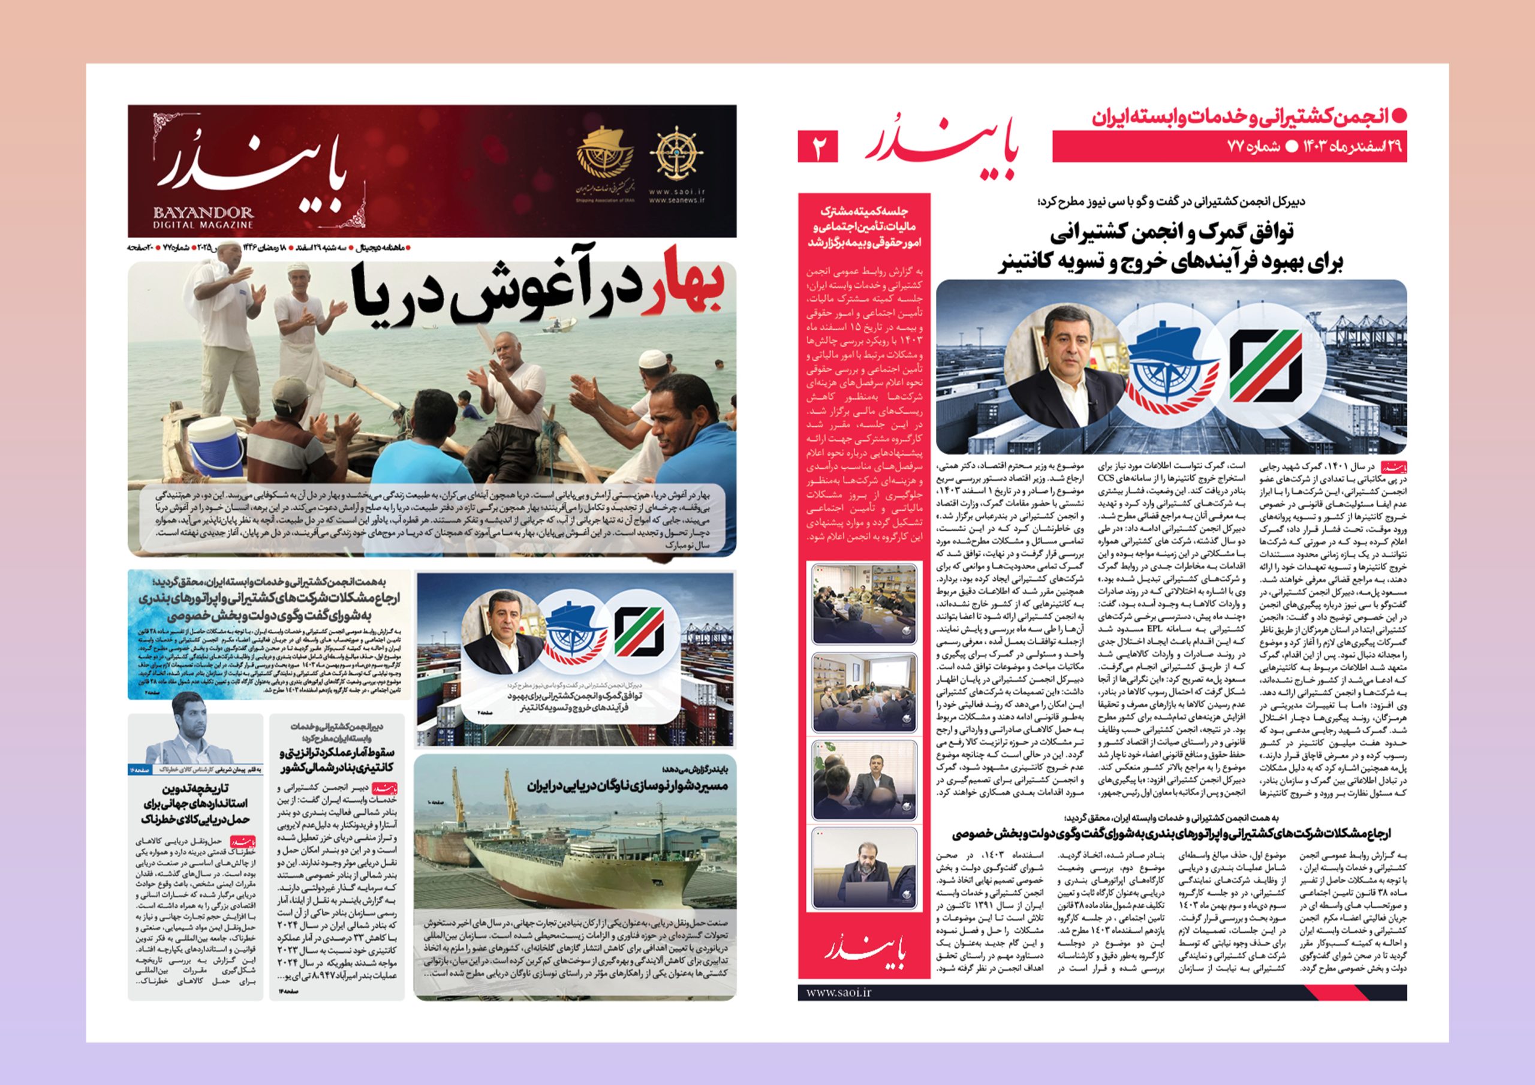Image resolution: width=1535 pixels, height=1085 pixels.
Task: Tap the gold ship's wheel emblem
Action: point(677,153)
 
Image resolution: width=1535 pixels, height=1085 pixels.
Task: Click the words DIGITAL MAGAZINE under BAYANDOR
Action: point(203,225)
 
